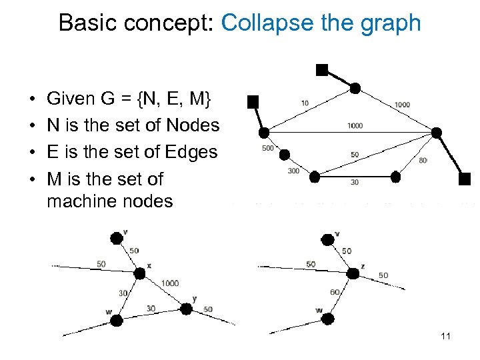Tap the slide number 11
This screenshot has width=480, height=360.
(446, 336)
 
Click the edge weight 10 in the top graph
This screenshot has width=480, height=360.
(305, 103)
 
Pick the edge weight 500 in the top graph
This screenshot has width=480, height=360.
(268, 148)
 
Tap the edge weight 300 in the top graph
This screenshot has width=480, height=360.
(293, 171)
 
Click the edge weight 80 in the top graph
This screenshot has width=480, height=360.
(423, 160)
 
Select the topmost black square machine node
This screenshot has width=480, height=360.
(322, 69)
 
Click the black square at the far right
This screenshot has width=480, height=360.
(465, 178)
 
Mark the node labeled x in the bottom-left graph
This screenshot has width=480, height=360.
(139, 273)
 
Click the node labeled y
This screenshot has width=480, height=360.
(186, 309)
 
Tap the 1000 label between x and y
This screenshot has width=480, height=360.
(169, 283)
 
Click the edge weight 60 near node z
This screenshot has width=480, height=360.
(335, 292)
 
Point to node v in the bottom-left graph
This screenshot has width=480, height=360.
(117, 237)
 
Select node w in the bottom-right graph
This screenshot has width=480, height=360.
(327, 320)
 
